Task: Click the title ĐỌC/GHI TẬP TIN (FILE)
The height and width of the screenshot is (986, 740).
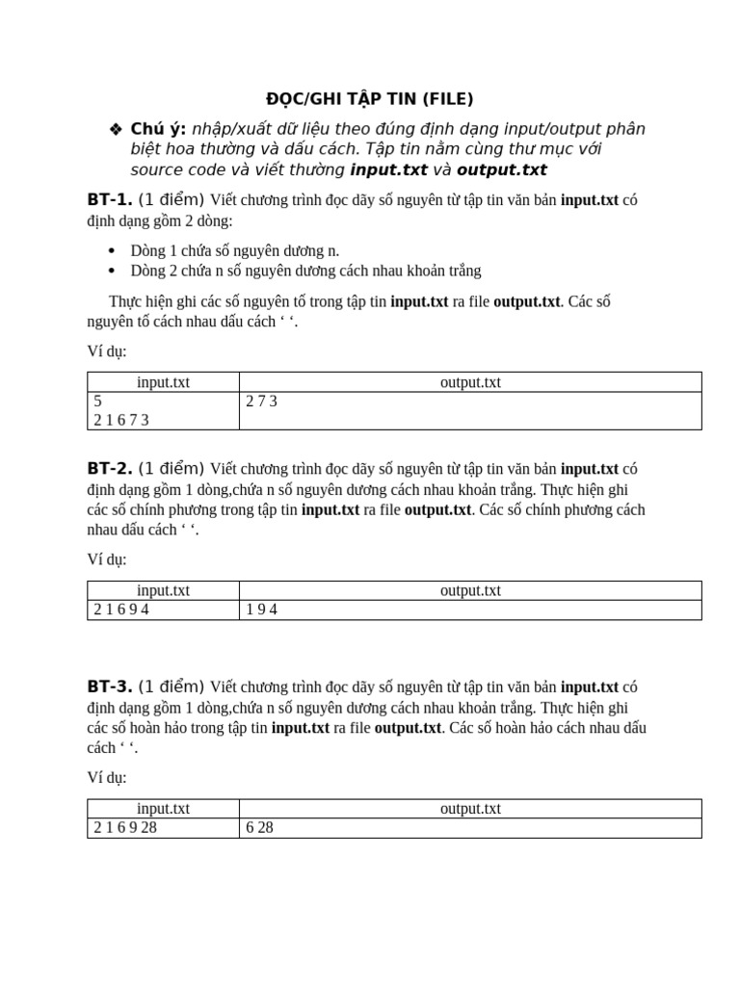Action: coord(369,99)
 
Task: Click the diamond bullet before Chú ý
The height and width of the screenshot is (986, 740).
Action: coord(116,130)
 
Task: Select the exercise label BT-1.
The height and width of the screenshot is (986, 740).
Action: coord(109,200)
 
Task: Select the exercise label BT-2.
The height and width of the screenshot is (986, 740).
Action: coord(109,469)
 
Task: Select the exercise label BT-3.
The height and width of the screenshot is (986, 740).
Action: coord(109,687)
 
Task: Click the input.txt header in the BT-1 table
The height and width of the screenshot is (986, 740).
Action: coord(163,382)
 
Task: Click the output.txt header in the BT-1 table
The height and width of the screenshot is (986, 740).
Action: coord(470,382)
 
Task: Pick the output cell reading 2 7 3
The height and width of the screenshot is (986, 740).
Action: coord(262,402)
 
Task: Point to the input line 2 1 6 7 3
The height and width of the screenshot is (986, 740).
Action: coord(121,420)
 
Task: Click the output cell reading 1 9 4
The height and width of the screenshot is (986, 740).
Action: coord(262,610)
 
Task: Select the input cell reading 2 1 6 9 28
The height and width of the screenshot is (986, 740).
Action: coord(125,828)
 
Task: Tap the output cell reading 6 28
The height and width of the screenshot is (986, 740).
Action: coord(260,828)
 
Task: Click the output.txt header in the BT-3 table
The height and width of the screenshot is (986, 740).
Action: coord(470,809)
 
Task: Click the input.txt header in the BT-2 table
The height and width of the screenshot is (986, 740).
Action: coord(163,590)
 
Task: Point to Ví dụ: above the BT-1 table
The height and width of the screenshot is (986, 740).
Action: coord(107,351)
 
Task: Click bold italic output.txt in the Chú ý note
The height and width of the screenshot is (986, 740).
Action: coord(501,170)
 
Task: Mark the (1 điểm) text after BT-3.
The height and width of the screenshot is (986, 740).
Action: coord(172,687)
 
